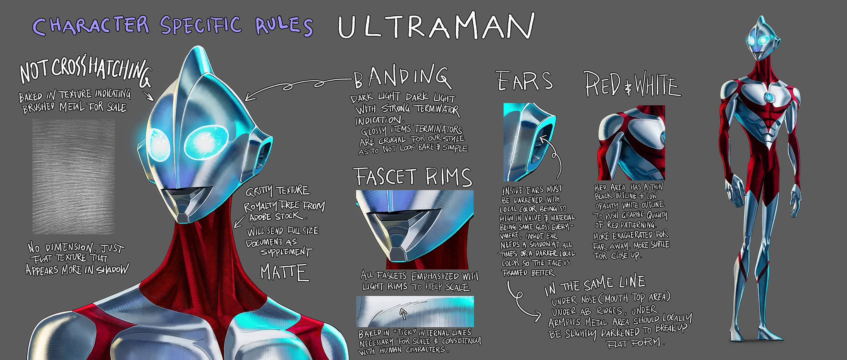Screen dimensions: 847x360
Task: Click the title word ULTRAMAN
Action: point(436,26)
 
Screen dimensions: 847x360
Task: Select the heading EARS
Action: point(525,81)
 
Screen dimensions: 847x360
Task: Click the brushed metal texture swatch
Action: point(74,177)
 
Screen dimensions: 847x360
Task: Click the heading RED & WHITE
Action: point(632,85)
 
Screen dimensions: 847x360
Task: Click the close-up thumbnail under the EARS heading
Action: point(530,142)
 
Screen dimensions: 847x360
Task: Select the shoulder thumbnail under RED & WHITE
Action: point(631,143)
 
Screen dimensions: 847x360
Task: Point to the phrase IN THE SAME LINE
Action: point(595,285)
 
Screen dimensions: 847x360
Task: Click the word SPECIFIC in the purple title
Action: point(201,25)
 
